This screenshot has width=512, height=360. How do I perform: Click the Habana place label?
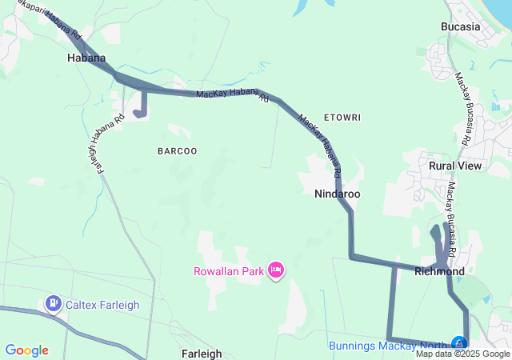click(x=86, y=58)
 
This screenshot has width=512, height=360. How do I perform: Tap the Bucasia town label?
click(x=460, y=26)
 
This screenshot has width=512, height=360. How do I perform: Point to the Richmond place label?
click(x=439, y=272)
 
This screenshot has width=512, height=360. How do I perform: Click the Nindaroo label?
click(x=337, y=194)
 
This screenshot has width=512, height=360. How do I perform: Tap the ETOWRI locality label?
click(x=342, y=118)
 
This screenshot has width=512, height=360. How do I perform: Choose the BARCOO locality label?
click(x=177, y=150)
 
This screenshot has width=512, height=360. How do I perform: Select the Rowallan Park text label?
click(x=229, y=271)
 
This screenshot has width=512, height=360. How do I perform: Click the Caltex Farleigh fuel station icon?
click(x=54, y=303)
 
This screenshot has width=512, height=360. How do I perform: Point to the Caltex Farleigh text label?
click(x=103, y=304)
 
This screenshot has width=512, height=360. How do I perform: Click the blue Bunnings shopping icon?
click(x=459, y=344)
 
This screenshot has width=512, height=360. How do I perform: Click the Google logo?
click(x=26, y=350)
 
